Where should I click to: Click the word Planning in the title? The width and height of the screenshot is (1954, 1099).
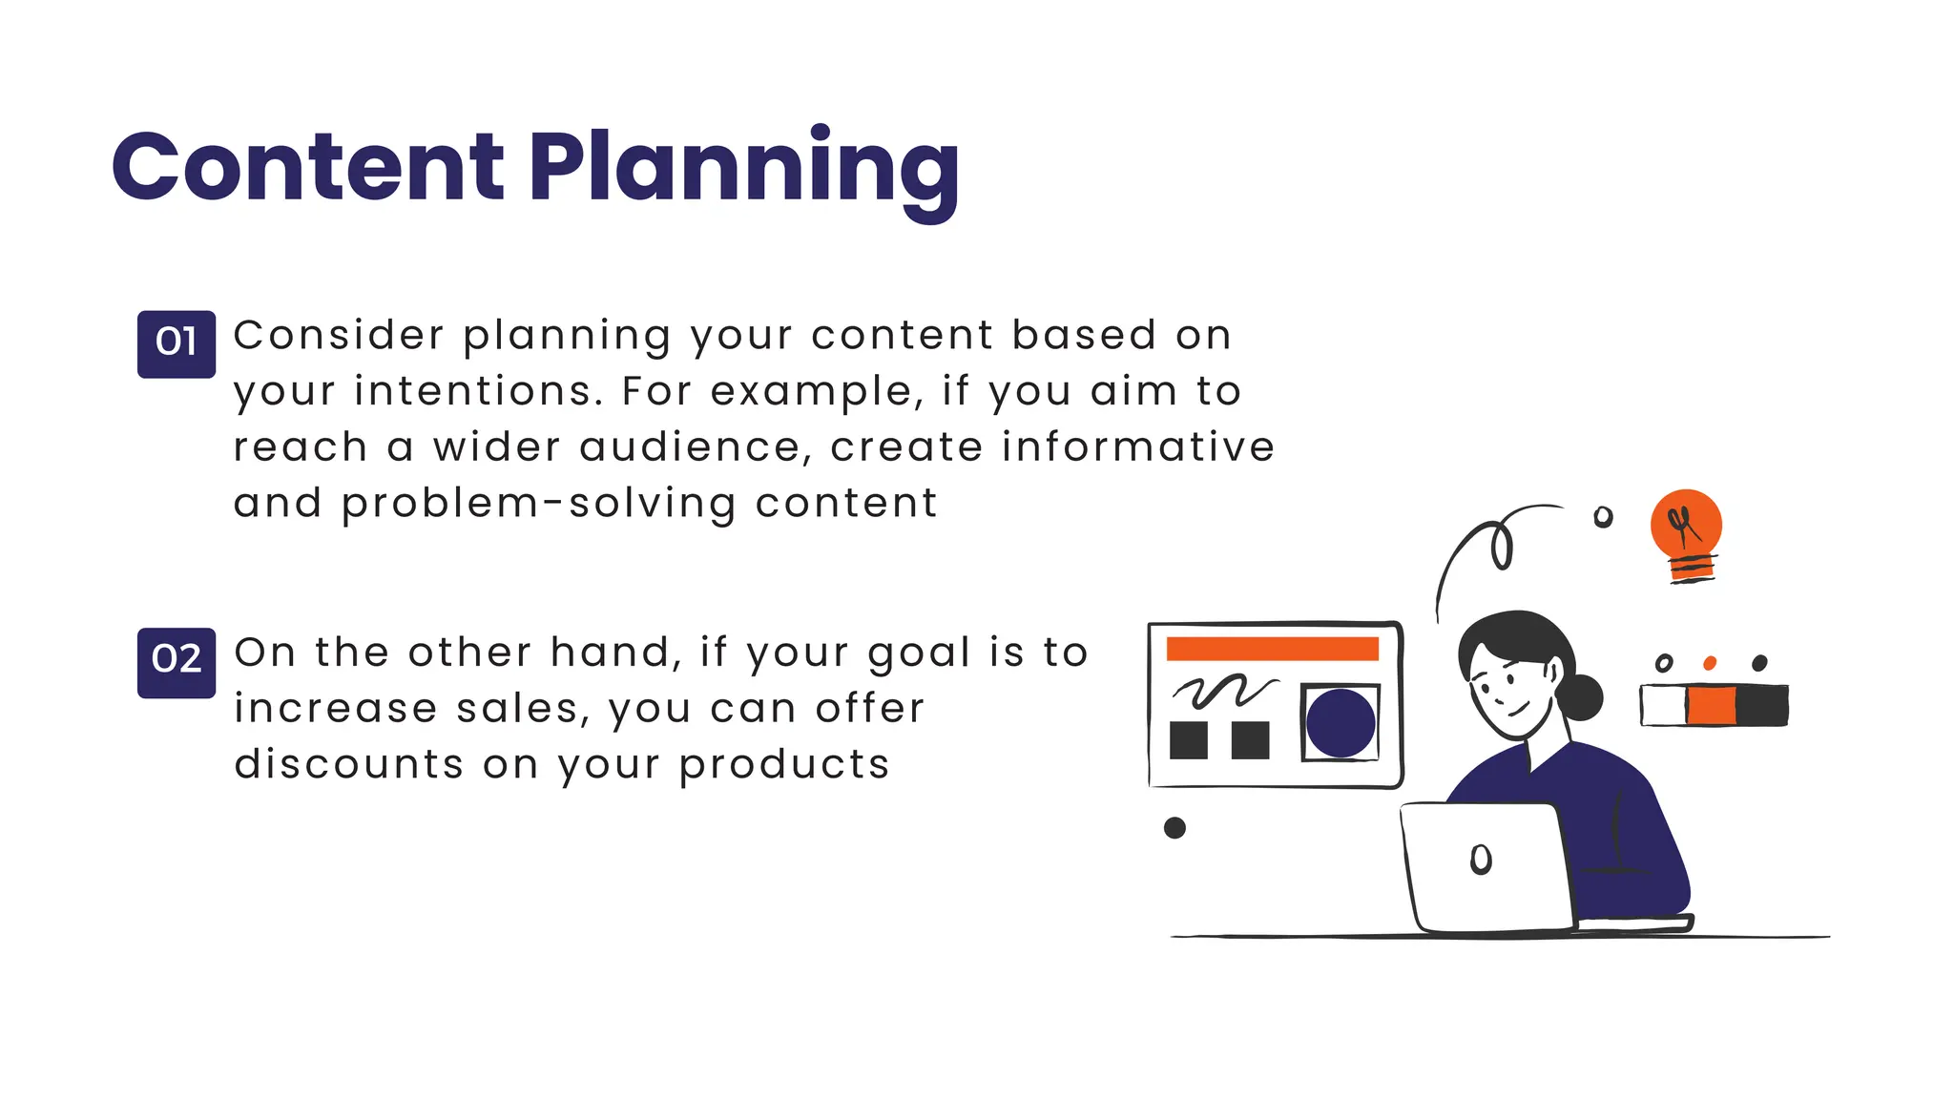pos(743,170)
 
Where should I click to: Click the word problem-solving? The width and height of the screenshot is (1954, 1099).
pos(539,504)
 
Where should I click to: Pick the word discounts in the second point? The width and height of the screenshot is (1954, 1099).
pos(349,764)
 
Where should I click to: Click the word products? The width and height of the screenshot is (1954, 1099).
pos(784,764)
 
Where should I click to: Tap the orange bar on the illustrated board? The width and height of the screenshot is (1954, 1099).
pos(1272,649)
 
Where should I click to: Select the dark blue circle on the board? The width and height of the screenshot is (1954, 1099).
pos(1340,723)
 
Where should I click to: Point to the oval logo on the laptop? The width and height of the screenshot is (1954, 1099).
pos(1481,860)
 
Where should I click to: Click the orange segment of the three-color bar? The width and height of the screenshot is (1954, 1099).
pos(1711,706)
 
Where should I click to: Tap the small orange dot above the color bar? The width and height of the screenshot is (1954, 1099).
pos(1710,663)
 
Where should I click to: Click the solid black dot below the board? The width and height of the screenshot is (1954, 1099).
pos(1174,827)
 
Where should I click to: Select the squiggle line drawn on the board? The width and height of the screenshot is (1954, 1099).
pos(1223,691)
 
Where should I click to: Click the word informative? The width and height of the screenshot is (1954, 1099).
pos(1137,447)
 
